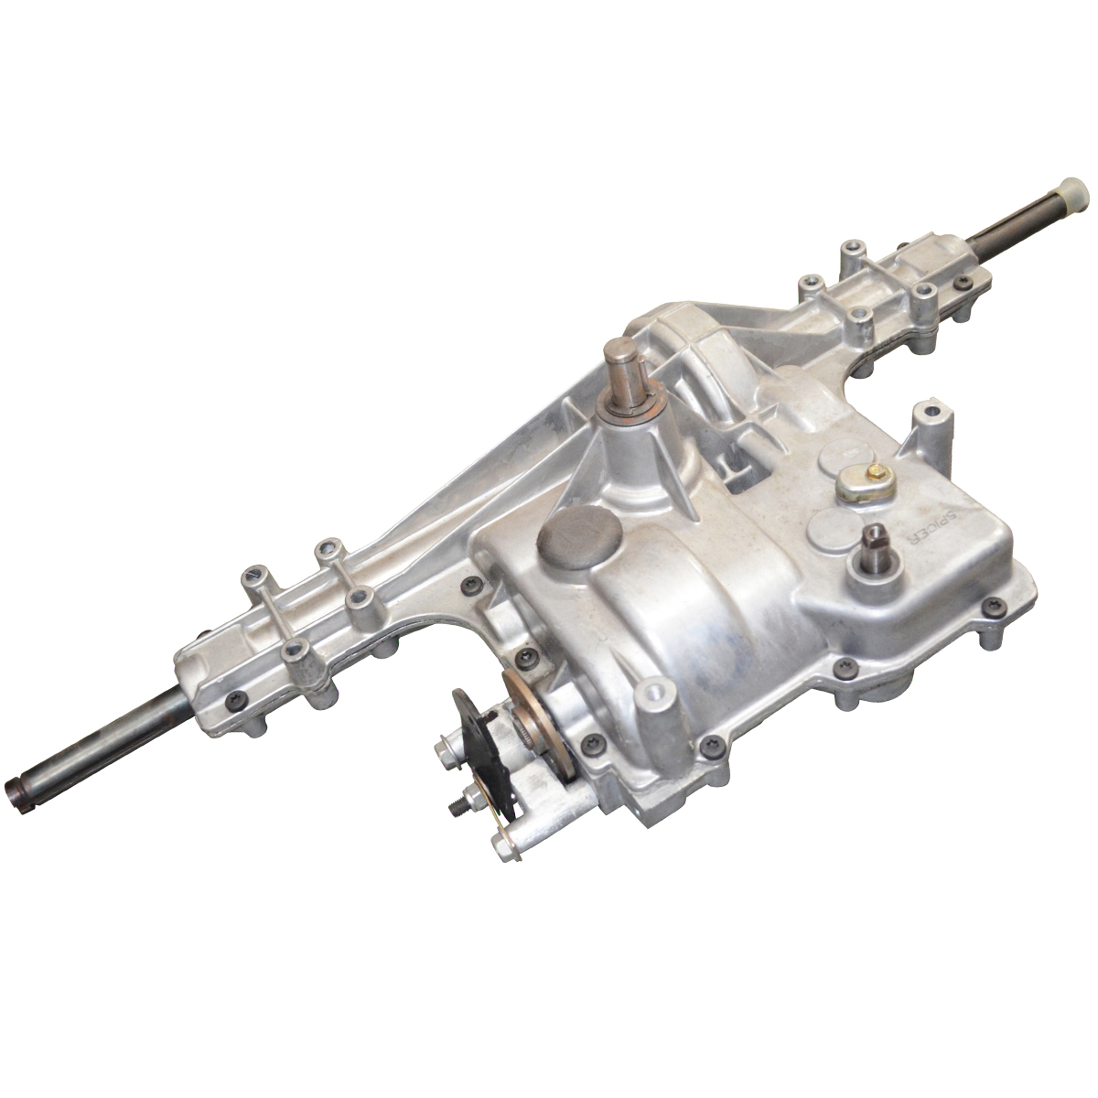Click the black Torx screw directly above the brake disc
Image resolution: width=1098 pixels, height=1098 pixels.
[x=524, y=657]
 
